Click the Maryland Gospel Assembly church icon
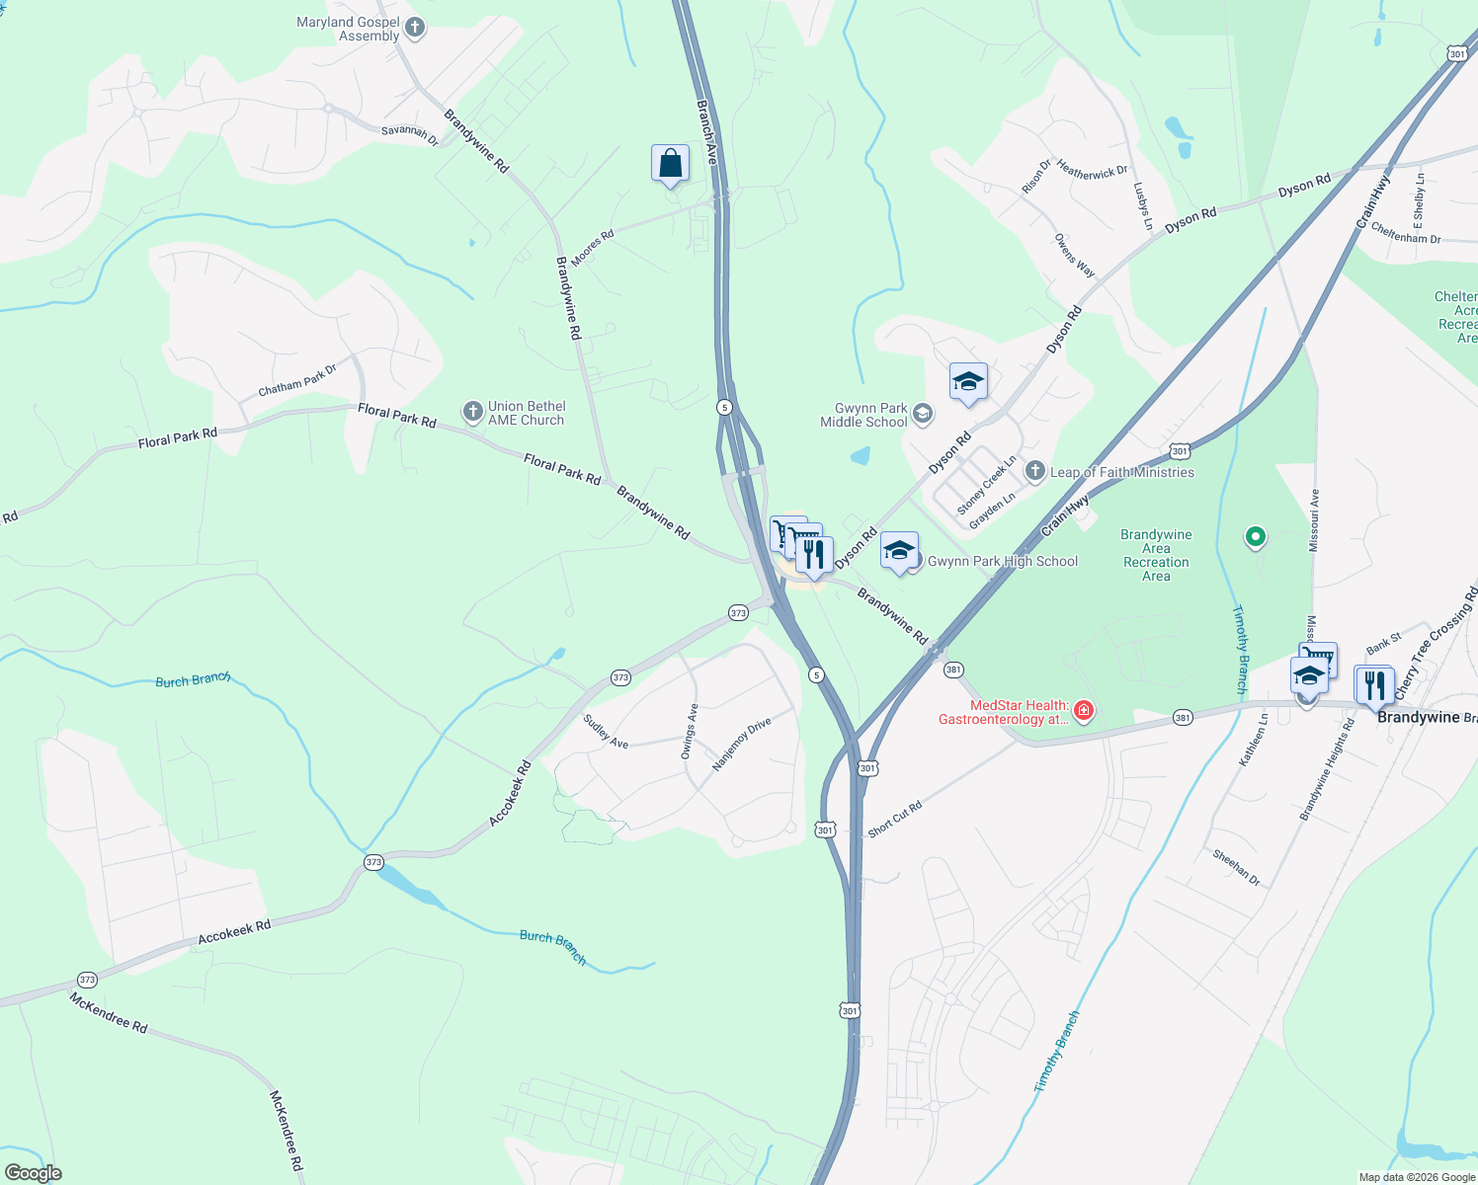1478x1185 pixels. pyautogui.click(x=415, y=28)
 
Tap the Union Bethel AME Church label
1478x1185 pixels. pyautogui.click(x=526, y=413)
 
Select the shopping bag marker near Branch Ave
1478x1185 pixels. pyautogui.click(x=670, y=163)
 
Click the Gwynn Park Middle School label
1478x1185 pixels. pyautogui.click(x=863, y=415)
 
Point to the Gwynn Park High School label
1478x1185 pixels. pyautogui.click(x=1002, y=561)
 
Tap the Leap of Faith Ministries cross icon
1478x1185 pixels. pyautogui.click(x=1034, y=471)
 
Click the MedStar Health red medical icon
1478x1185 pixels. pyautogui.click(x=1084, y=711)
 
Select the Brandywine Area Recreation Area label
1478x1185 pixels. pyautogui.click(x=1156, y=555)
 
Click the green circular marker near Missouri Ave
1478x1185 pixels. pyautogui.click(x=1255, y=537)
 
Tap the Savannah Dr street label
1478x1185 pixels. pyautogui.click(x=410, y=135)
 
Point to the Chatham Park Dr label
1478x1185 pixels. pyautogui.click(x=297, y=380)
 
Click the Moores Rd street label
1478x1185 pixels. pyautogui.click(x=592, y=248)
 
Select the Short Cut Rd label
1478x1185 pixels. pyautogui.click(x=894, y=819)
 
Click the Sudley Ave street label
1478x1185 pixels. pyautogui.click(x=606, y=732)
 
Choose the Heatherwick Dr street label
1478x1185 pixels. pyautogui.click(x=1092, y=172)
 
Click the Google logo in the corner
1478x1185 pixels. pyautogui.click(x=33, y=1173)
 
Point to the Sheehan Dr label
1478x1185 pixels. pyautogui.click(x=1236, y=867)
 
